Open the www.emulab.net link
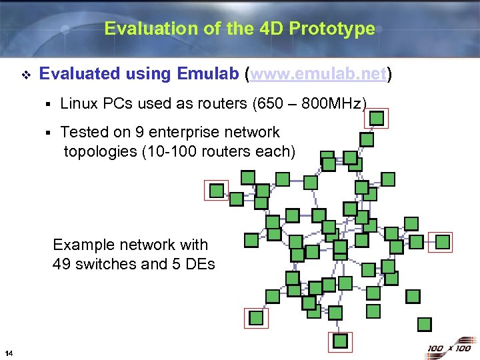click(319, 74)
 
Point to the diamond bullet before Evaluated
click(26, 75)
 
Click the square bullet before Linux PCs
click(49, 104)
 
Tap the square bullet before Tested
click(49, 133)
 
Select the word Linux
click(79, 103)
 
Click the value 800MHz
click(331, 103)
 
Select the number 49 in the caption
click(62, 264)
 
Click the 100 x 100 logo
click(449, 348)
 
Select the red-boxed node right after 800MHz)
click(377, 118)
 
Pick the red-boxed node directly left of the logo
click(341, 341)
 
